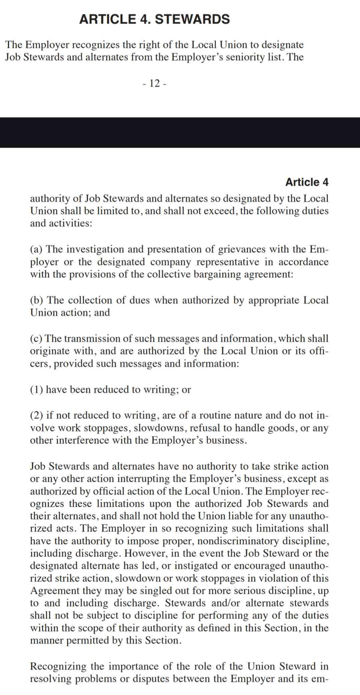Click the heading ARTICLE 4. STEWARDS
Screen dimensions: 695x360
pos(154,19)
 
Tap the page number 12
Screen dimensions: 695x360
pos(154,83)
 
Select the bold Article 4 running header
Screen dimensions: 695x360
pos(306,182)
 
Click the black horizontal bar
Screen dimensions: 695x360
pos(180,132)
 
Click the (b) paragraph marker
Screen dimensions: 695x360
pos(37,300)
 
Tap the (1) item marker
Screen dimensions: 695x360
pos(36,389)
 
